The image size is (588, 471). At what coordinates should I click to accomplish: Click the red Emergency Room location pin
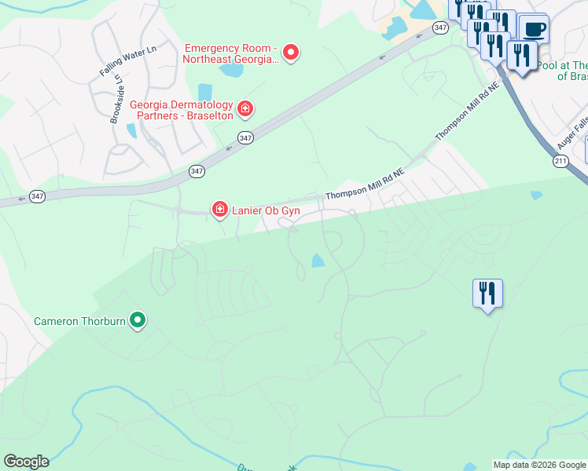coord(291,53)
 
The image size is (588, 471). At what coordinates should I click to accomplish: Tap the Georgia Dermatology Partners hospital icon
coord(245,108)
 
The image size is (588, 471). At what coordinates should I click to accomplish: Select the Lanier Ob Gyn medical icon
coord(220,209)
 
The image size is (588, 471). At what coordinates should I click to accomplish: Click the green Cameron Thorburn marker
coord(138,319)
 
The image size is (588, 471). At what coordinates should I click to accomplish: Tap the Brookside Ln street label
coord(116,99)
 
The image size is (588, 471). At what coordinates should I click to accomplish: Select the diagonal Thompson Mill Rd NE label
coord(468,113)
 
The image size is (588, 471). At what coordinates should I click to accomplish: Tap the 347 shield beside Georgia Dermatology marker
coord(247,137)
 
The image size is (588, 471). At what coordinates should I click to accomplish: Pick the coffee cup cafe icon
coord(534,30)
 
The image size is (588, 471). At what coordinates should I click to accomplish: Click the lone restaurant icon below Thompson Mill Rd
coord(487,294)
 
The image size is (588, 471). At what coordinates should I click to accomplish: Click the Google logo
coord(26,462)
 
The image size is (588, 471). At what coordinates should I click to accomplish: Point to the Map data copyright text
coord(539,465)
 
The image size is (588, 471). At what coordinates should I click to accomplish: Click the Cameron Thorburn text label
coord(79,320)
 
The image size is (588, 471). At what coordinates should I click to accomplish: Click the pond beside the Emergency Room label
coord(232,71)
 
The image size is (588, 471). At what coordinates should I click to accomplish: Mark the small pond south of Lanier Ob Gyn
coord(318,261)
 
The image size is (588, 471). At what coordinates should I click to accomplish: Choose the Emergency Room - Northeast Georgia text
coord(231,53)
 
